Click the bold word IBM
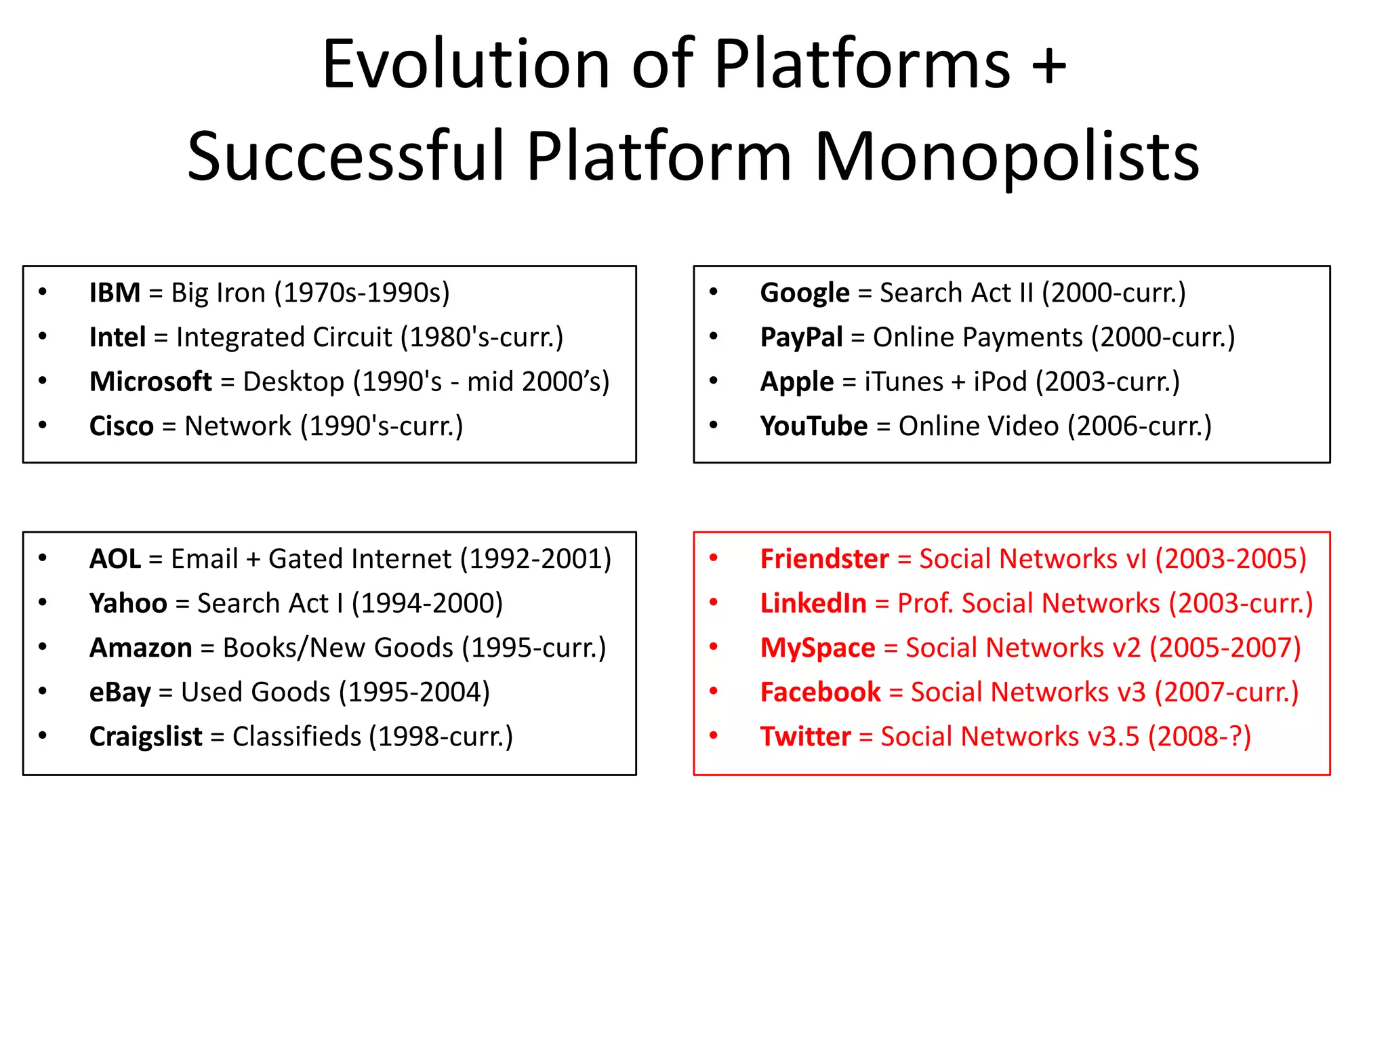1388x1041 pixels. pyautogui.click(x=115, y=293)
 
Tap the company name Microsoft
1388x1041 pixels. pyautogui.click(x=150, y=382)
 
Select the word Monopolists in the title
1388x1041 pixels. pyautogui.click(x=1006, y=157)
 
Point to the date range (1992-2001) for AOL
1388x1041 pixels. pyautogui.click(x=535, y=559)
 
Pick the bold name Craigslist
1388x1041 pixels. pyautogui.click(x=146, y=737)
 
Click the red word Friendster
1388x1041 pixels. pyautogui.click(x=824, y=559)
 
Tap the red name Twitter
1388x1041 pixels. pyautogui.click(x=805, y=737)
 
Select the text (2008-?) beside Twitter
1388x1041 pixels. pyautogui.click(x=1199, y=737)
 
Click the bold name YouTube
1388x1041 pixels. pyautogui.click(x=813, y=426)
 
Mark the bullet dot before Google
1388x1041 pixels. pyautogui.click(x=713, y=292)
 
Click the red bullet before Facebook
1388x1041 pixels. pyautogui.click(x=713, y=691)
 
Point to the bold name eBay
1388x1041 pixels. pyautogui.click(x=120, y=693)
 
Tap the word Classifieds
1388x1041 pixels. pyautogui.click(x=297, y=737)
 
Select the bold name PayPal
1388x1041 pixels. pyautogui.click(x=801, y=338)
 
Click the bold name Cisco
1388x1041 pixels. pyautogui.click(x=121, y=426)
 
